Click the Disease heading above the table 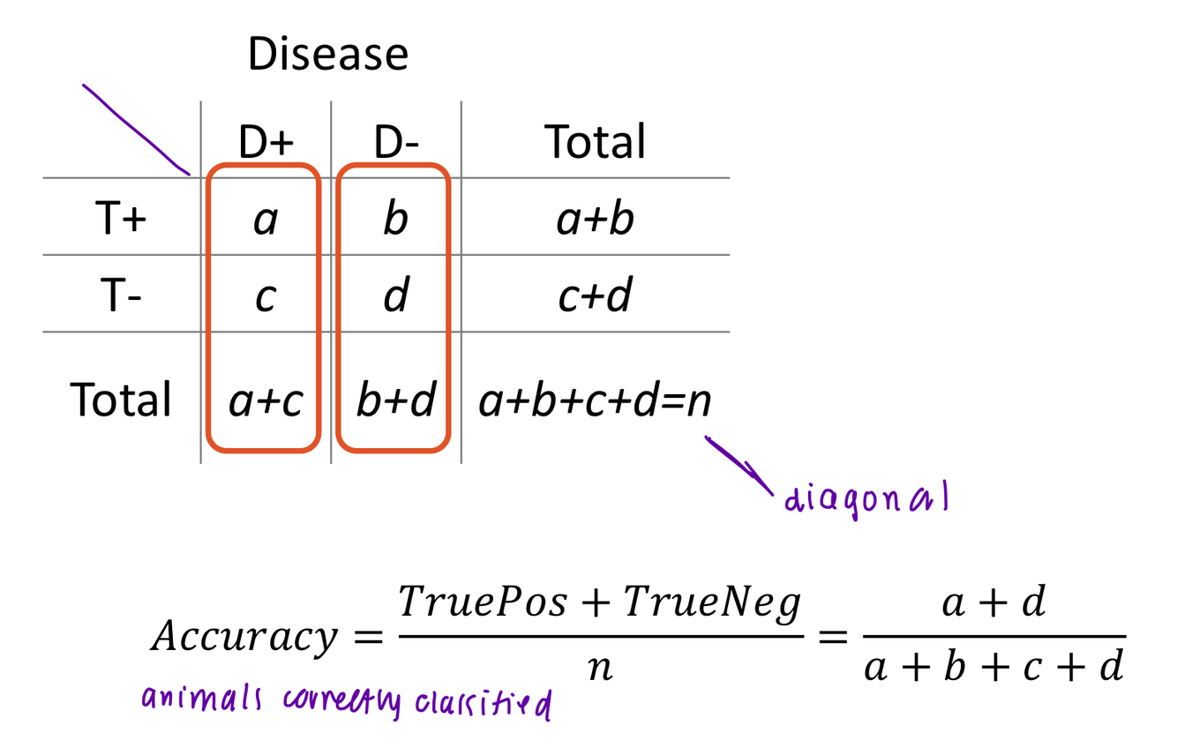(327, 55)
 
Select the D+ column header (265, 141)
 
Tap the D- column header (395, 141)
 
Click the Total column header (596, 141)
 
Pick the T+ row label (120, 218)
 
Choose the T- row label (120, 295)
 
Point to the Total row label (121, 400)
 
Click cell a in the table (265, 220)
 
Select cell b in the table (395, 218)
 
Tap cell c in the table (265, 297)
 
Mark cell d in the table (395, 295)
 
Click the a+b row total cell (596, 219)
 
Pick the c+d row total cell (596, 296)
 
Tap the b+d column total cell (395, 400)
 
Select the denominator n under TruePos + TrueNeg (600, 668)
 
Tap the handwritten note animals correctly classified (346, 702)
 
